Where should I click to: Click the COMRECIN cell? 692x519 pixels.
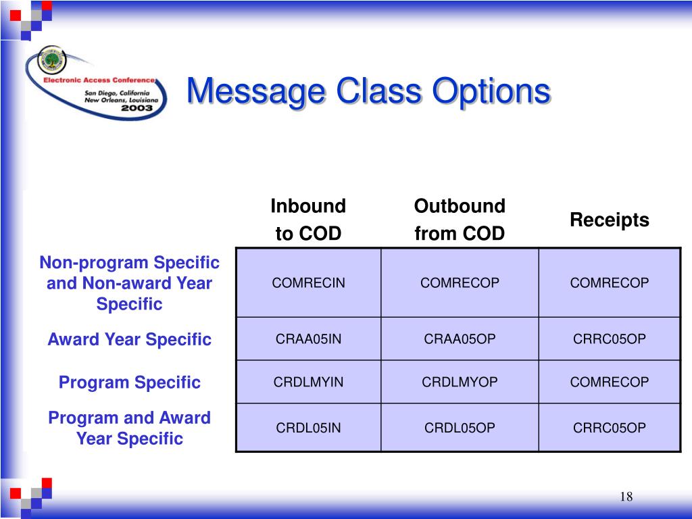pos(308,282)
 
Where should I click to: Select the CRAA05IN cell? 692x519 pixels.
pos(308,339)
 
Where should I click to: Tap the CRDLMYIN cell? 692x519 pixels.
pos(308,382)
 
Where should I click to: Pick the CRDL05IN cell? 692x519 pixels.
pos(308,427)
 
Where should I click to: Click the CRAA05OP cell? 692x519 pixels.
pos(460,339)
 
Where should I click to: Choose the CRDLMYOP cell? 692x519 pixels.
pos(460,382)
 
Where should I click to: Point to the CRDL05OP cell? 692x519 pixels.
pos(460,427)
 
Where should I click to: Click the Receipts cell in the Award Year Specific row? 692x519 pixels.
pos(609,339)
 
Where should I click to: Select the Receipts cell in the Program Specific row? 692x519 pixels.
pos(609,382)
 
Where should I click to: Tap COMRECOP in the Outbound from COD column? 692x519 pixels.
pos(460,282)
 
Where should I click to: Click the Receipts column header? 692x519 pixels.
pos(610,220)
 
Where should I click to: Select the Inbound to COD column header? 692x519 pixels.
pos(308,220)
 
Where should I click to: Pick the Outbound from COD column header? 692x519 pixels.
pos(460,220)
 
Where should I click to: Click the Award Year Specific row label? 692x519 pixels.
pos(129,339)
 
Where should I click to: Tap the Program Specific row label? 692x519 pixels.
pos(129,382)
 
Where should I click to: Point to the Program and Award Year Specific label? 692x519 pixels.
pos(129,428)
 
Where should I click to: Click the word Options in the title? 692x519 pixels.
pos(491,91)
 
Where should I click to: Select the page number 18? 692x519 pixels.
pos(626,497)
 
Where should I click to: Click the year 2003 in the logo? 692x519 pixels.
pos(137,108)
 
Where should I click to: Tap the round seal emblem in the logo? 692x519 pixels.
pos(52,60)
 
